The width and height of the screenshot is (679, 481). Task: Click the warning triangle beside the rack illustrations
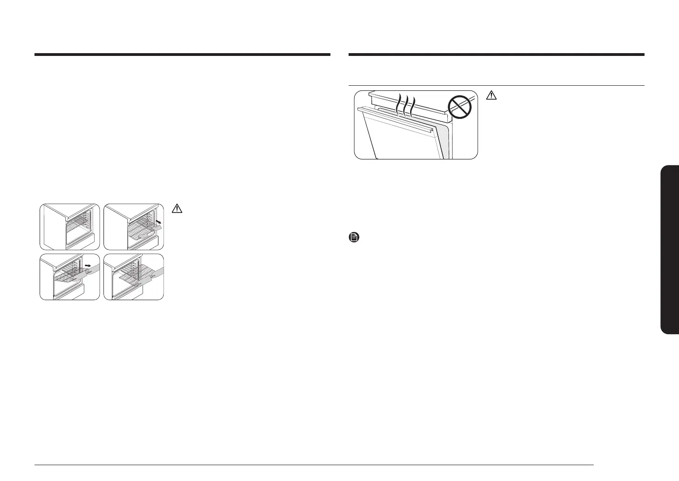pos(177,209)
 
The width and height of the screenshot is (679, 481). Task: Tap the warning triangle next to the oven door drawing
pos(491,96)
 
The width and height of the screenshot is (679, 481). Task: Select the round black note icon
pos(354,238)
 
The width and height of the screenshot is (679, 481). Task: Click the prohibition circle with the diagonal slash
pos(460,108)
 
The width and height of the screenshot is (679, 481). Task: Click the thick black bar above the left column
pos(182,55)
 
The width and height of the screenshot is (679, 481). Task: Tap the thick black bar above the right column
pos(496,55)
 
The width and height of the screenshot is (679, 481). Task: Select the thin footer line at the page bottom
pos(315,465)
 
